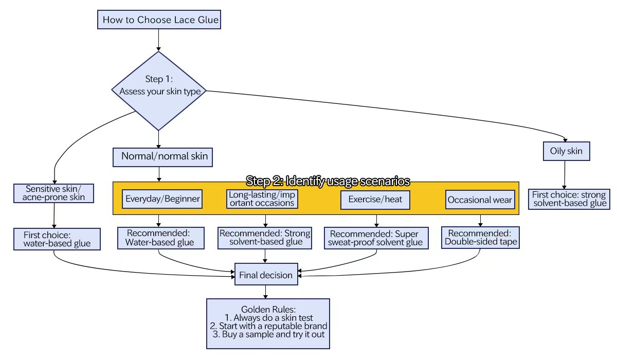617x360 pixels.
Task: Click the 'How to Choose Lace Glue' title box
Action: pyautogui.click(x=161, y=21)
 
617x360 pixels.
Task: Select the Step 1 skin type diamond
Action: pyautogui.click(x=159, y=91)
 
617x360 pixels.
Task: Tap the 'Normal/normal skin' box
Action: pyautogui.click(x=164, y=156)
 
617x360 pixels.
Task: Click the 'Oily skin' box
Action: pyautogui.click(x=566, y=151)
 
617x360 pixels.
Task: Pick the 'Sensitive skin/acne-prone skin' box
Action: pyautogui.click(x=53, y=193)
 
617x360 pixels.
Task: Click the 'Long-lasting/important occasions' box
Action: pyautogui.click(x=262, y=199)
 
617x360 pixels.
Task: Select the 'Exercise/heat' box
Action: pyautogui.click(x=375, y=199)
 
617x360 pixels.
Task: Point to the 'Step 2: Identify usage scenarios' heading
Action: pyautogui.click(x=328, y=181)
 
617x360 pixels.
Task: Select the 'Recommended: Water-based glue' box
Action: pyautogui.click(x=156, y=238)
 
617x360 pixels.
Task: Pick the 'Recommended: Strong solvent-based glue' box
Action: pyautogui.click(x=265, y=238)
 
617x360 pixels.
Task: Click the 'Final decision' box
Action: pyautogui.click(x=265, y=275)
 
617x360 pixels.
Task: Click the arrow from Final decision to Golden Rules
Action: pyautogui.click(x=265, y=292)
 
